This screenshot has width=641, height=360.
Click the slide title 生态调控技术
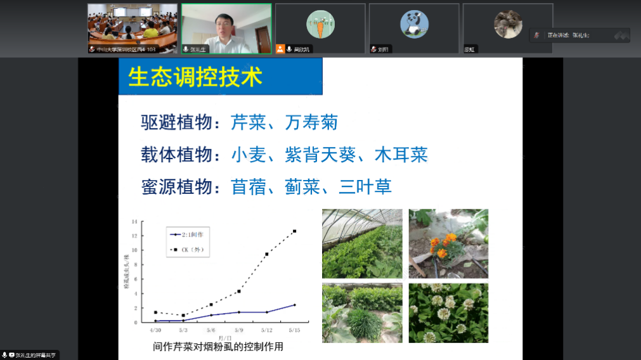(195, 77)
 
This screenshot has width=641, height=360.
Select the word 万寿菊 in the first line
(311, 122)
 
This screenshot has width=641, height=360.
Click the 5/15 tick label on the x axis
(294, 330)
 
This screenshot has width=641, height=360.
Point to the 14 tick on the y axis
(134, 222)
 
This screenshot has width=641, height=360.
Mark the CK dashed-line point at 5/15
(294, 231)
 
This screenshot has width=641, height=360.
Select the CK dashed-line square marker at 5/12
(267, 254)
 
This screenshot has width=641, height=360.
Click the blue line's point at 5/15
(294, 305)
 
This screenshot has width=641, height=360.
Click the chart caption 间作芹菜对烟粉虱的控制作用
(217, 347)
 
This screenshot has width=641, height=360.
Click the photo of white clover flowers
(448, 313)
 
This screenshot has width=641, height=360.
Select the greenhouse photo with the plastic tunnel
(362, 243)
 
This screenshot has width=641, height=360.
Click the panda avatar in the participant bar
(413, 25)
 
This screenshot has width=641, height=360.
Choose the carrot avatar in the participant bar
(320, 25)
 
